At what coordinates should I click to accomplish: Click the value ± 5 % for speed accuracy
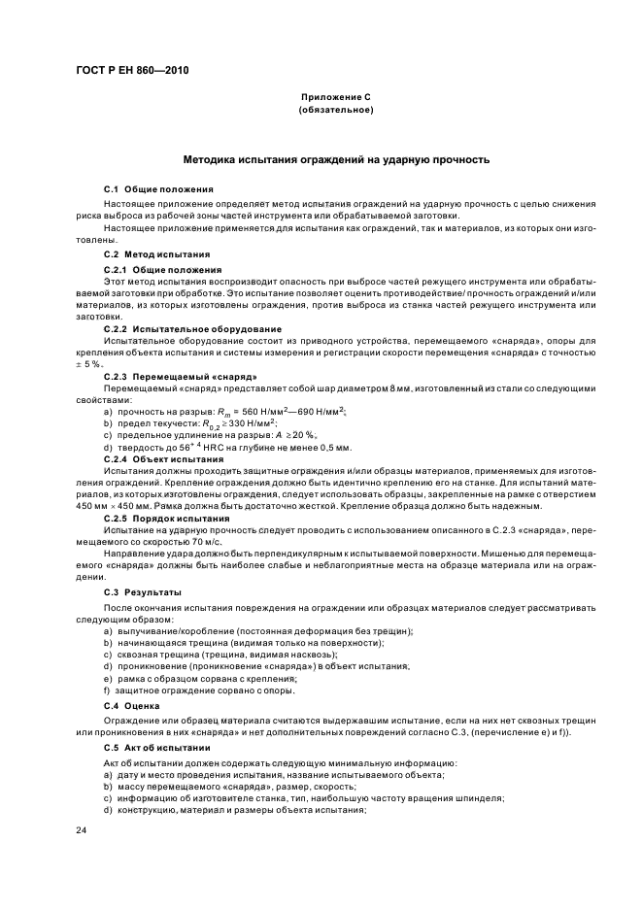pyautogui.click(x=88, y=363)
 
